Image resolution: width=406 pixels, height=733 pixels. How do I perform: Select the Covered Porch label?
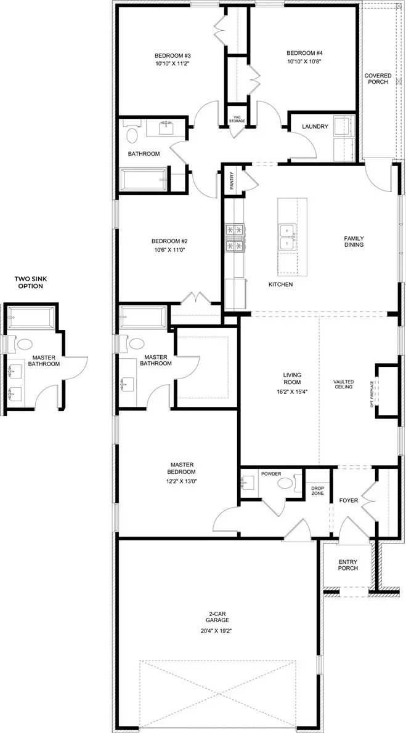tap(378, 79)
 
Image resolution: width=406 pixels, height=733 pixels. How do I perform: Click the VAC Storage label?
tap(238, 119)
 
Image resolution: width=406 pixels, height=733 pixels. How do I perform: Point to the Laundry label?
tap(314, 127)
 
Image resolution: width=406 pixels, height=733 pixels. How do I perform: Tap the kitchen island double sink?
tap(287, 237)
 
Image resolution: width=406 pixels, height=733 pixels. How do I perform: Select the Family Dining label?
tap(354, 241)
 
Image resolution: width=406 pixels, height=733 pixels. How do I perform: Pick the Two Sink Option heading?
tap(29, 282)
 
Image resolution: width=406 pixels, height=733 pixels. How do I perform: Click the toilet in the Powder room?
tap(286, 484)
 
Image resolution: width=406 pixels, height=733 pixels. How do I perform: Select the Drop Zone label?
tap(318, 491)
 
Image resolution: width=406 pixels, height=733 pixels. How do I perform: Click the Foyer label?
tap(349, 500)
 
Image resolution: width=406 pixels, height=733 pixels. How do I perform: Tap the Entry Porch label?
tap(348, 565)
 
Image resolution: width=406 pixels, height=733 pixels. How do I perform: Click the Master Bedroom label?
tap(182, 468)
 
